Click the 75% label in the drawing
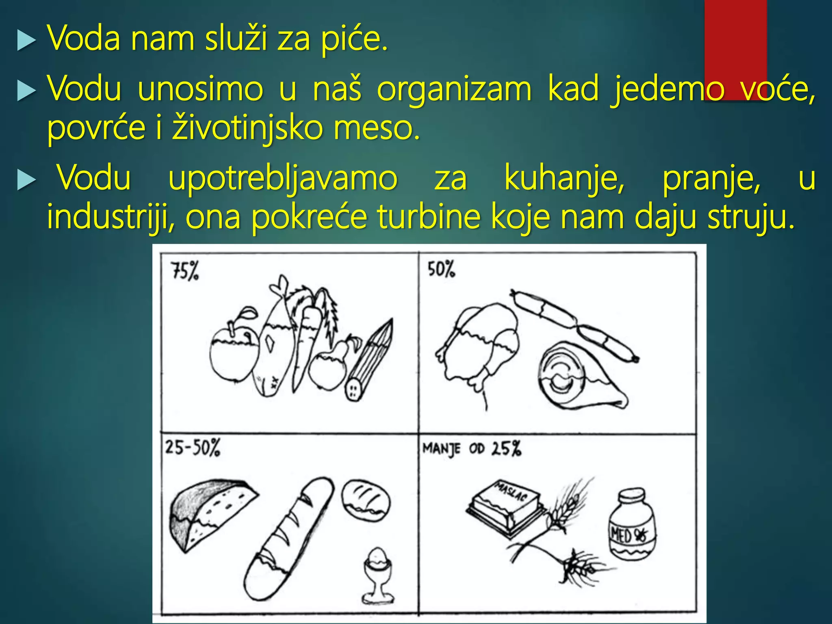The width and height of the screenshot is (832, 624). pos(185,271)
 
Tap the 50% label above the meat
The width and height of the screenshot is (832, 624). pos(441,269)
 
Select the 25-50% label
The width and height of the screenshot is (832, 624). pos(193,448)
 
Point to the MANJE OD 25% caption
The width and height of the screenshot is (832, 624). pos(471,449)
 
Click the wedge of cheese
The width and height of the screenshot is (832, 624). pos(209,512)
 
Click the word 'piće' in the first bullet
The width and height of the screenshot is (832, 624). pos(354,39)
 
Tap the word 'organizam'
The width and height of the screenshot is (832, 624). pos(454,89)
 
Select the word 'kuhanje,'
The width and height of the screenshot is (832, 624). pos(564,179)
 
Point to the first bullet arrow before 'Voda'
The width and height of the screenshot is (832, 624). pos(27,42)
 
